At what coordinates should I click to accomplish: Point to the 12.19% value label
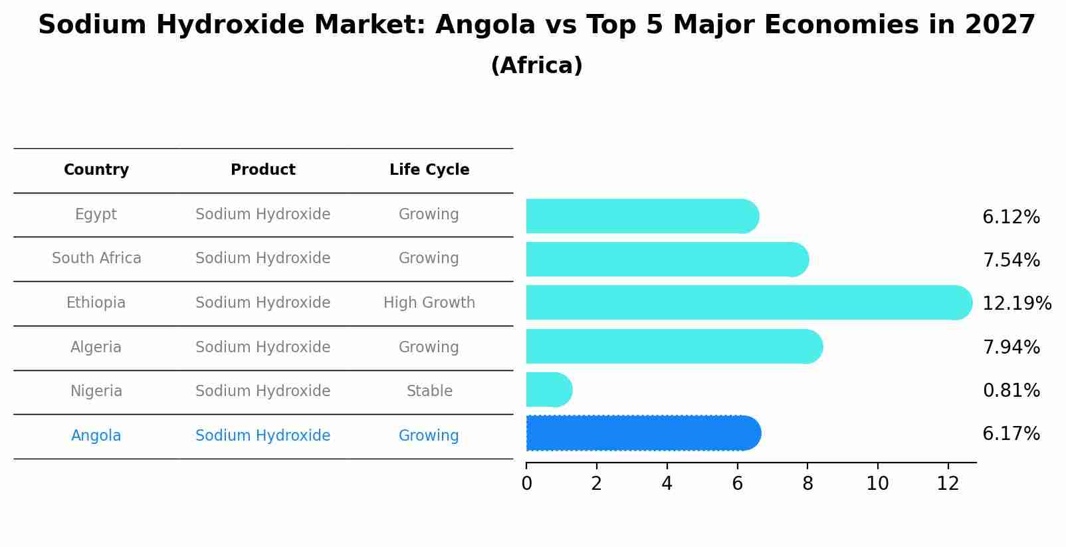1016,304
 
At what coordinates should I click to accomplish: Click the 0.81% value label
1011,391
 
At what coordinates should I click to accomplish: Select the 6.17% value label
1011,434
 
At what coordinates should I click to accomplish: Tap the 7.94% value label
1011,347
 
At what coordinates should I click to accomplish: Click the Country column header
96,170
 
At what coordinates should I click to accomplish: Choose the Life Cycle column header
429,170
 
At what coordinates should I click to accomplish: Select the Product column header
263,170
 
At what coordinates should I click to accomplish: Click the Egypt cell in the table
96,215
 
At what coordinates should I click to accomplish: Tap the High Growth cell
429,303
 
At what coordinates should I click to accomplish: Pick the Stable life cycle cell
429,391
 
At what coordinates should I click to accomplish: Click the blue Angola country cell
96,436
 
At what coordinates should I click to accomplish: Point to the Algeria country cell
96,348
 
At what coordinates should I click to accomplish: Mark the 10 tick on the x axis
877,484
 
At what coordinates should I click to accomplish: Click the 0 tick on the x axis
526,484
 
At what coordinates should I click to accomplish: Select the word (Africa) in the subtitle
536,66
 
